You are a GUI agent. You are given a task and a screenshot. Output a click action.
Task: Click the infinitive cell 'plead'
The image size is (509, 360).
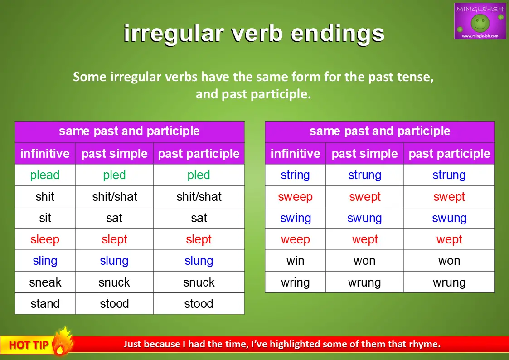click(x=45, y=175)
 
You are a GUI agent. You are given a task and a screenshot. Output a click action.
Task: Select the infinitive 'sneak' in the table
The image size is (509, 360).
click(x=45, y=282)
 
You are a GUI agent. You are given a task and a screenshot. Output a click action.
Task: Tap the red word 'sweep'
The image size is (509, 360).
click(x=295, y=197)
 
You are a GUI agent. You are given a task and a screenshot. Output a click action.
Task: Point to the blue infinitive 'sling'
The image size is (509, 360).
click(x=45, y=261)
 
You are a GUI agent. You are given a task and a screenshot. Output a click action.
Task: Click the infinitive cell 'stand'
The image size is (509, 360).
click(x=45, y=304)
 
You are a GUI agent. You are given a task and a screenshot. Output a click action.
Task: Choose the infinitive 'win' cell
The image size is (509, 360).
click(x=295, y=261)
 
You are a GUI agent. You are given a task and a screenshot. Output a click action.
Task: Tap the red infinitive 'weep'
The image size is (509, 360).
click(x=295, y=239)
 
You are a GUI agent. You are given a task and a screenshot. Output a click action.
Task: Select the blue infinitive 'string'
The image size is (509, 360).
click(x=295, y=175)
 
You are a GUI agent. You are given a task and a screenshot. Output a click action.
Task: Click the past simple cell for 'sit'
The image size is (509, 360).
click(x=114, y=218)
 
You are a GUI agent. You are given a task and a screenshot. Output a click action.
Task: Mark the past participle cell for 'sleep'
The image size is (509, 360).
click(x=199, y=239)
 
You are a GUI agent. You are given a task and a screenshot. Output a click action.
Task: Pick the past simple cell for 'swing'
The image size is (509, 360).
click(x=364, y=218)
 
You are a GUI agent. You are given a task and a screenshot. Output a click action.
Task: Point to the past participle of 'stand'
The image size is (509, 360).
click(x=199, y=304)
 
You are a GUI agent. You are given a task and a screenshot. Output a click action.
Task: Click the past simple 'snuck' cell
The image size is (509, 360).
click(x=114, y=282)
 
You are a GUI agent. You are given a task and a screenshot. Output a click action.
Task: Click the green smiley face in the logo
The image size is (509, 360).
click(x=480, y=23)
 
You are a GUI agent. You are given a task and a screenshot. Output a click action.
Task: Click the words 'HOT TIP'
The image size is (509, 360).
click(x=29, y=345)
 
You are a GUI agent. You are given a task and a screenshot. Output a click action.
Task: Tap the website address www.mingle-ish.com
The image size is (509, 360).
click(x=480, y=36)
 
